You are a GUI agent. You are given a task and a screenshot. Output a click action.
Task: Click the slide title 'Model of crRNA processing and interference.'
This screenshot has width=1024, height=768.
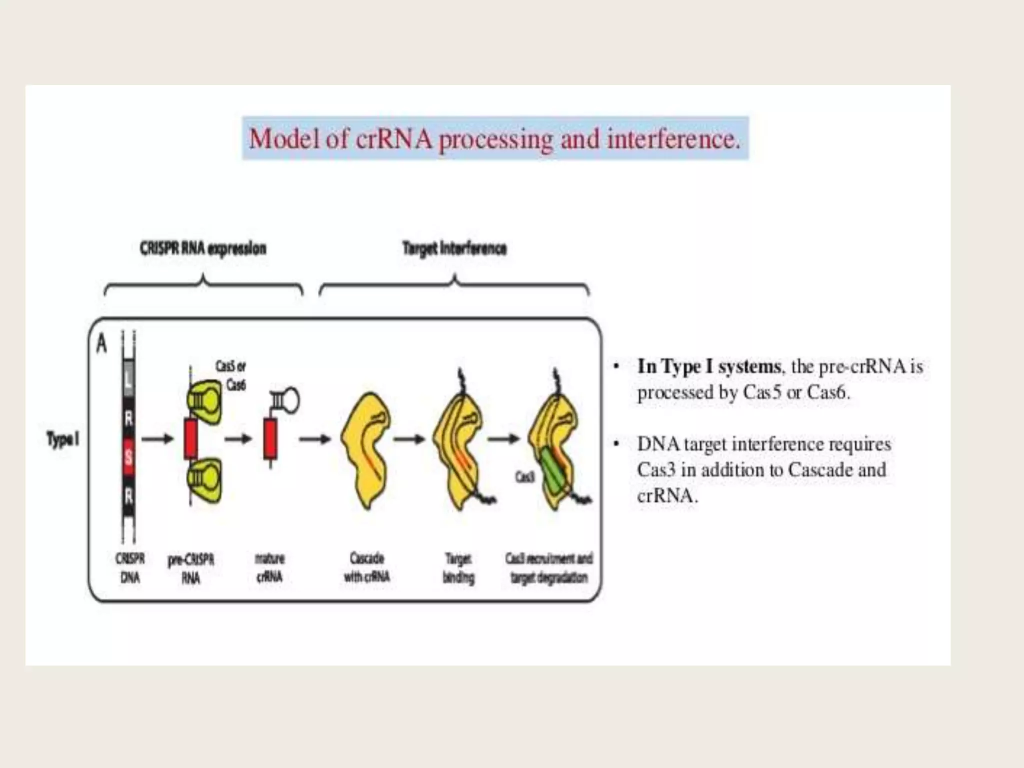pyautogui.click(x=494, y=138)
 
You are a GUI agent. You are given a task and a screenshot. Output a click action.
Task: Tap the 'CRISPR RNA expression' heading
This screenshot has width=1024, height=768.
pyautogui.click(x=203, y=248)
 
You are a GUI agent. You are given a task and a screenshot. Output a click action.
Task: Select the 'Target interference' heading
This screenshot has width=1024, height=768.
pyautogui.click(x=454, y=248)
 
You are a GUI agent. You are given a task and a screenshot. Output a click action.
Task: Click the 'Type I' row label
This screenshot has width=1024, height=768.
pyautogui.click(x=62, y=439)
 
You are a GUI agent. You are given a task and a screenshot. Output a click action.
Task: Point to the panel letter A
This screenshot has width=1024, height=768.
pyautogui.click(x=101, y=344)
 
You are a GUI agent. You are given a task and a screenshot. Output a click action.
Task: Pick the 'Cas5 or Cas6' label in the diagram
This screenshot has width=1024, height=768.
pyautogui.click(x=230, y=375)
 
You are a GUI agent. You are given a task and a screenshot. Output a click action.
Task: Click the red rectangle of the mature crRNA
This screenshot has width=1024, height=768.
pyautogui.click(x=270, y=439)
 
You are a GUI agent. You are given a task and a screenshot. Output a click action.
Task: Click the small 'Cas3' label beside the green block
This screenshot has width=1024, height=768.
pyautogui.click(x=525, y=478)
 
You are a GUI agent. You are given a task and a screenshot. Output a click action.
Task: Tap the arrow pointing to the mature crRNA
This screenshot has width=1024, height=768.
pyautogui.click(x=238, y=439)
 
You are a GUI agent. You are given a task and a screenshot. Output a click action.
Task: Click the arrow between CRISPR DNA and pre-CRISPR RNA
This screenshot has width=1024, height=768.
pyautogui.click(x=157, y=439)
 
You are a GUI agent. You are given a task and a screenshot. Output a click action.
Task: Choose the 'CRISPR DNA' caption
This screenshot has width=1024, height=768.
pyautogui.click(x=130, y=568)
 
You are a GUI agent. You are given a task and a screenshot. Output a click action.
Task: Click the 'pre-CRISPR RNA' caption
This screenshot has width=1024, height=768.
pyautogui.click(x=191, y=568)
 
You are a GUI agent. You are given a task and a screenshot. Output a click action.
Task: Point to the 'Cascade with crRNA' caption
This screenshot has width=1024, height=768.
pyautogui.click(x=367, y=567)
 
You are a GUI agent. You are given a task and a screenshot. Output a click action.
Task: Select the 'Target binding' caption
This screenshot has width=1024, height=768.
pyautogui.click(x=458, y=568)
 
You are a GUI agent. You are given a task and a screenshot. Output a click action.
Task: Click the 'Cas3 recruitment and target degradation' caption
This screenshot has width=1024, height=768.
pyautogui.click(x=549, y=568)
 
